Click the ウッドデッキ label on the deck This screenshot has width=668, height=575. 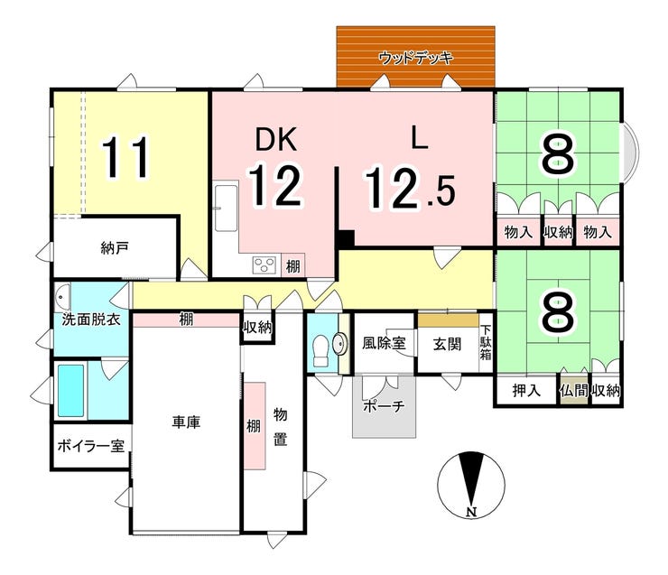pos(415,58)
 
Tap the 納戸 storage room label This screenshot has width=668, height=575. pos(115,248)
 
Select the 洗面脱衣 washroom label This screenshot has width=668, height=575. pos(91,319)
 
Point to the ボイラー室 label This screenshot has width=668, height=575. pos(91,446)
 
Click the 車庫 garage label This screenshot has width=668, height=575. pos(186,422)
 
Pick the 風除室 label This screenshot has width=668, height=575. pos(384,343)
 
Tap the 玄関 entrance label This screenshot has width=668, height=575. pos(447,344)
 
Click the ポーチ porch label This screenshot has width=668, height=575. pos(384,406)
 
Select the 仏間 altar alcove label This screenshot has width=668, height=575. pos(574,390)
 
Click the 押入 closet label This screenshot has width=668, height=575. pos(526,390)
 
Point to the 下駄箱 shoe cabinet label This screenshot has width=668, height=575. pos(486,342)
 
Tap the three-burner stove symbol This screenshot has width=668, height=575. pos(264,265)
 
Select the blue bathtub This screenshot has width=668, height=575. pos(70,390)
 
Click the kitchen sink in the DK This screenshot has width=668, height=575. pos(226,208)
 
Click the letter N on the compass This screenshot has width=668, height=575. pos(470,512)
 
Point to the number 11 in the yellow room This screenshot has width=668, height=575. pos(126,157)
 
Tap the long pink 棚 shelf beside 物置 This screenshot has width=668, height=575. pos(255,426)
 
